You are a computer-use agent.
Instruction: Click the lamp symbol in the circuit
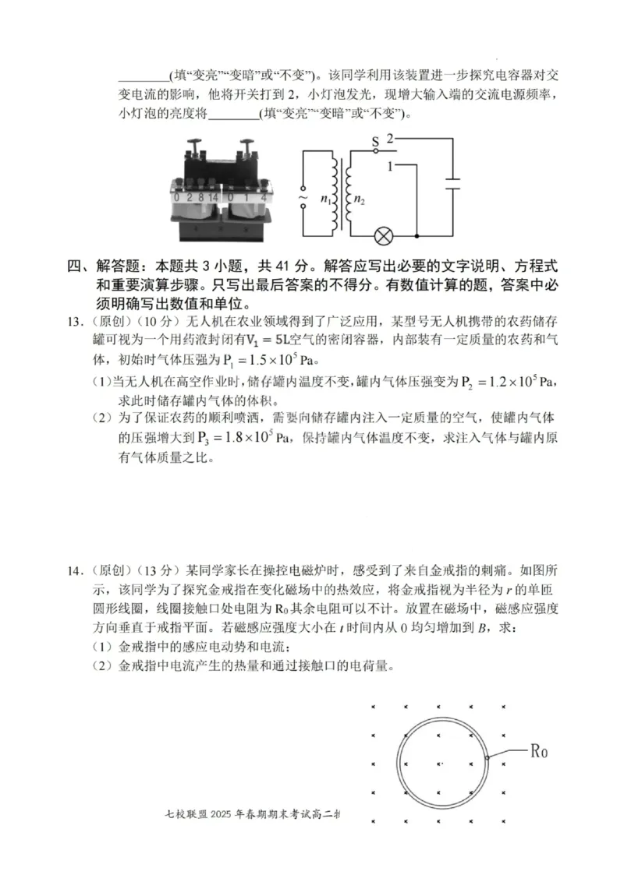[x=384, y=235]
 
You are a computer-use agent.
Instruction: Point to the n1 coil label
[x=325, y=199]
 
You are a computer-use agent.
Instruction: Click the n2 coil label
[x=359, y=199]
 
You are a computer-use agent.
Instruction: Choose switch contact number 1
[x=388, y=166]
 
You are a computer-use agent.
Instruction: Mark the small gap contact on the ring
[x=486, y=757]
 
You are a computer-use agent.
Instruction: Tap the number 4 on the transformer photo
[x=265, y=198]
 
